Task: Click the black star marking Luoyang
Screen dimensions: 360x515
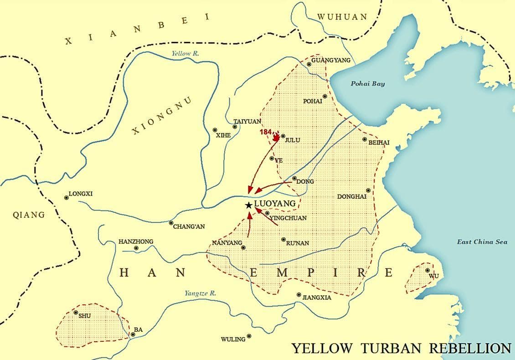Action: point(248,206)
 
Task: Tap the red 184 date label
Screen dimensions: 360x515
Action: point(266,132)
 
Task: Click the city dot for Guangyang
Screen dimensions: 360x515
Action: point(309,64)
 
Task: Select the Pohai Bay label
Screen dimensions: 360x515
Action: point(367,83)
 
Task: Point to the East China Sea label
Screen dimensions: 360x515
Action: point(482,242)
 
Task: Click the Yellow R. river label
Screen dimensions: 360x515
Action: point(185,53)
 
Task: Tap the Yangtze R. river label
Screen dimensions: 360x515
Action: point(200,293)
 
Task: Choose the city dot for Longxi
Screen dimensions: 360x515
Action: point(67,197)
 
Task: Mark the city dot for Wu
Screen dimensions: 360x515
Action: point(427,270)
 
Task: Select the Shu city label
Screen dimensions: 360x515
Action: point(85,316)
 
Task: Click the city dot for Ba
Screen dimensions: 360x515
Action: point(133,334)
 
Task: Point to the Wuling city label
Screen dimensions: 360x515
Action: point(233,339)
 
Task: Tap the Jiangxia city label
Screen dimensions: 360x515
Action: point(317,298)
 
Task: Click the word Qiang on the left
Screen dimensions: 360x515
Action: point(29,215)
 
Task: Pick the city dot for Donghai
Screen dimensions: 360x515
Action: point(368,190)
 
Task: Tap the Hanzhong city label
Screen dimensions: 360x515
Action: point(136,242)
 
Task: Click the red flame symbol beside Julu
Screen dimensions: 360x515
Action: point(276,136)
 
